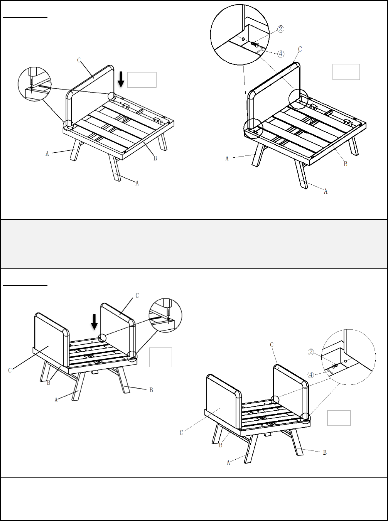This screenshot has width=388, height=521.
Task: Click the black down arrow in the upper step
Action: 121,79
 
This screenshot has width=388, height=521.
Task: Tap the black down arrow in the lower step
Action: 94,322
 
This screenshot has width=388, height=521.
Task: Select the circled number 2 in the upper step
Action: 281,29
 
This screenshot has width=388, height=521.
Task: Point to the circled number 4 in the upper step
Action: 281,54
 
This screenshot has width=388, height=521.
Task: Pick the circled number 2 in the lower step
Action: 311,352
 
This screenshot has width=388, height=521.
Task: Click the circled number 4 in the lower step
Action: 311,375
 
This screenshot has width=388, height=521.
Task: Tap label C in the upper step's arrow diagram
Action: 79,61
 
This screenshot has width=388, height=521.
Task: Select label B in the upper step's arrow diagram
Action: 155,158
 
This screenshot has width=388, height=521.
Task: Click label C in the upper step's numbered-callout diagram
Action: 300,49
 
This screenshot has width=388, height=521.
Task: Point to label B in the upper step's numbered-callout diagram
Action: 346,164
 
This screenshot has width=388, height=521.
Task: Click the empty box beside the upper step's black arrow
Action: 142,80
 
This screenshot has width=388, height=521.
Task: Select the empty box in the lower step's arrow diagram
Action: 160,357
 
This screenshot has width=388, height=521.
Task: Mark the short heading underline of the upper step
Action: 25,17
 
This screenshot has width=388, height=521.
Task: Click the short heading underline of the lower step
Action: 25,285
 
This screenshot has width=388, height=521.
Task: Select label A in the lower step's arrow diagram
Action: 56,400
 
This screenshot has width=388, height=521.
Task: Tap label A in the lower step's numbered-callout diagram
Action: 228,463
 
